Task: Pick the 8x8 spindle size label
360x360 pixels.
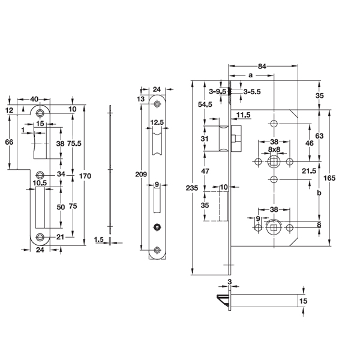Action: point(274,149)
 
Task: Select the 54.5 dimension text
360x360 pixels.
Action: point(205,104)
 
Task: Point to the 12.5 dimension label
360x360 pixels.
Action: point(157,122)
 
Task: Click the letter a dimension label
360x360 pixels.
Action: point(250,75)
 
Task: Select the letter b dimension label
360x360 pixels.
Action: point(319,194)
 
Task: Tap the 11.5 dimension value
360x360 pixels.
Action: point(243,114)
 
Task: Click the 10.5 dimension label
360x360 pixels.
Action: point(40,182)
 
